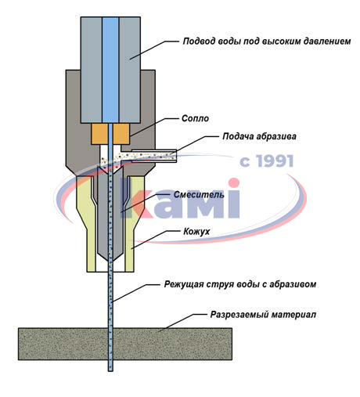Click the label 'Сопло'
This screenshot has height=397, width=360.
click(195, 118)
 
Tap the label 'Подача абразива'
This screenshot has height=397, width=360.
click(259, 136)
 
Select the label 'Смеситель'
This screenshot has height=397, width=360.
click(199, 194)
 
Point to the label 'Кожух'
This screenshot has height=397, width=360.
click(196, 232)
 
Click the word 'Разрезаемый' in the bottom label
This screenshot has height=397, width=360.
click(239, 315)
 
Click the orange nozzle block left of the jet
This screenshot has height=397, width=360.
click(99, 134)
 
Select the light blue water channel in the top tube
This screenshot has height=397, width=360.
click(110, 70)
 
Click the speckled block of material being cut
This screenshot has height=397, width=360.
click(125, 344)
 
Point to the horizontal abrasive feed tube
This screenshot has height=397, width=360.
click(154, 156)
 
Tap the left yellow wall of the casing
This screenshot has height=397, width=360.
click(87, 224)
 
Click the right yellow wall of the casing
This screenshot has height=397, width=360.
click(134, 224)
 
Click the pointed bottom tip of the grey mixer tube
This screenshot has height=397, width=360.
click(110, 260)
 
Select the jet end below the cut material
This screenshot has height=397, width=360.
click(110, 370)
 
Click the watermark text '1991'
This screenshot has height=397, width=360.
click(275, 161)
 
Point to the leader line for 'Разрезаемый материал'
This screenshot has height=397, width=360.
click(182, 323)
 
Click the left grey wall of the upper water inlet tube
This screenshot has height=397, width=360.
click(92, 70)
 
